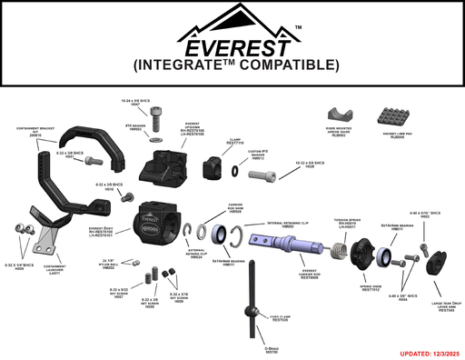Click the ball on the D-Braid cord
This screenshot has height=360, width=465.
click(x=251, y=312)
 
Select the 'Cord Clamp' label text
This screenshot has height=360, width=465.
click(x=279, y=319)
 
